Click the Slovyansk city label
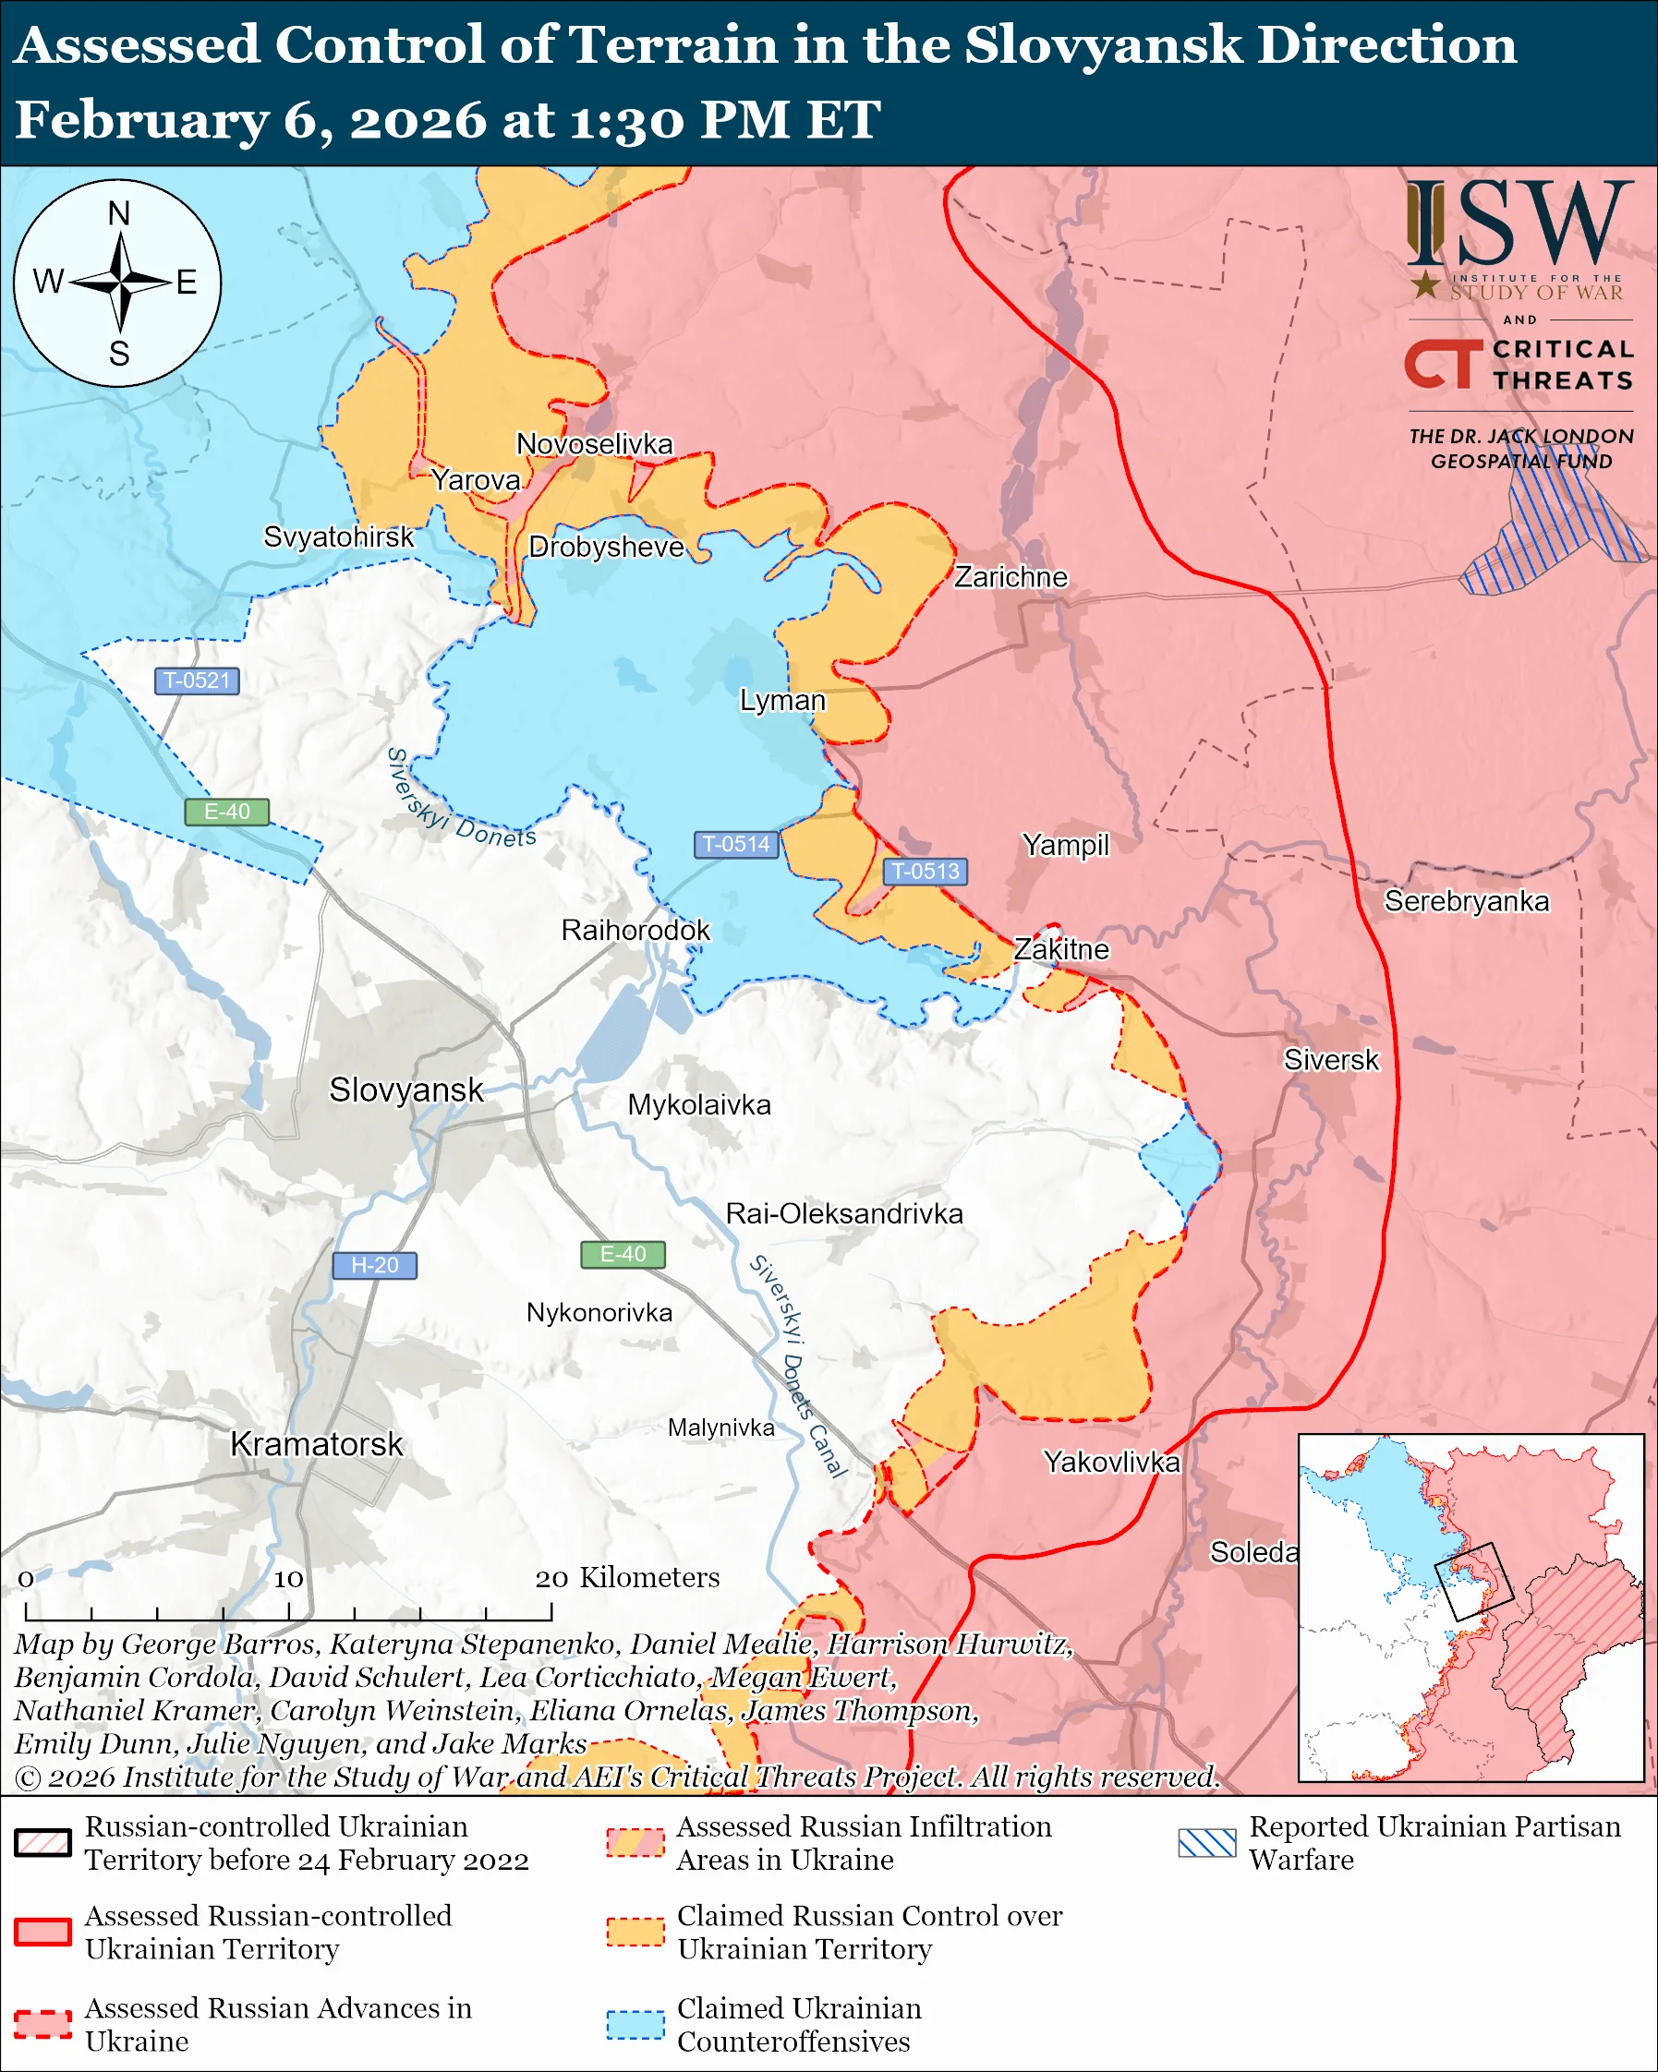(x=405, y=1090)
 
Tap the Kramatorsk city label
(x=316, y=1444)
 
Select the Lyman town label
(x=782, y=700)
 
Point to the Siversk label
(x=1330, y=1060)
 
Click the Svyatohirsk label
(x=338, y=536)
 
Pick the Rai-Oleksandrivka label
(x=843, y=1214)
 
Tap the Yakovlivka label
(x=1111, y=1462)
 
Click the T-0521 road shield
(x=196, y=681)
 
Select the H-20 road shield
(x=374, y=1265)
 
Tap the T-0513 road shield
(x=925, y=871)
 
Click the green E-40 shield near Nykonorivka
(x=623, y=1254)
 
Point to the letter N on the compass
(x=118, y=213)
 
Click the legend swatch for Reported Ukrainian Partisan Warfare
(x=1206, y=1842)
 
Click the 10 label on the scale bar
(x=287, y=1579)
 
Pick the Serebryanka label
(x=1466, y=901)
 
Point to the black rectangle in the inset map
(x=1472, y=1582)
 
